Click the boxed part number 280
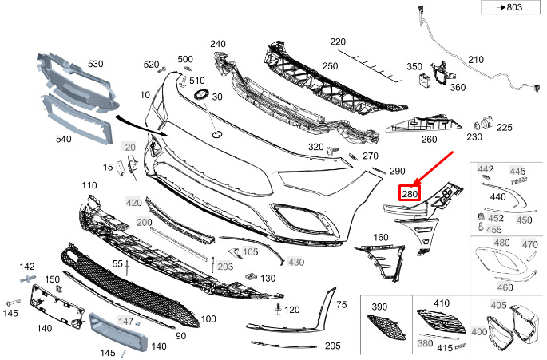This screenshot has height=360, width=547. (410, 193)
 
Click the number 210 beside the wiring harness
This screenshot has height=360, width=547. (476, 60)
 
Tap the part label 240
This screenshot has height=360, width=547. (218, 44)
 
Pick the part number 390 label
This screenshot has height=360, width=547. (379, 306)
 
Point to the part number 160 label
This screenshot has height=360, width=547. (380, 237)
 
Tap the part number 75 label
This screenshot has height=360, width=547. (341, 304)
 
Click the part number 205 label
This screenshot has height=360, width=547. (333, 346)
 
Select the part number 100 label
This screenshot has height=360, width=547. (208, 319)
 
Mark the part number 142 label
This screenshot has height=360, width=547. (27, 267)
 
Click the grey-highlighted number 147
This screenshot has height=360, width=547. (126, 321)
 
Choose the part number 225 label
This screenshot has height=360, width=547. (505, 127)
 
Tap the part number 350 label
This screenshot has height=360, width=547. (414, 66)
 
